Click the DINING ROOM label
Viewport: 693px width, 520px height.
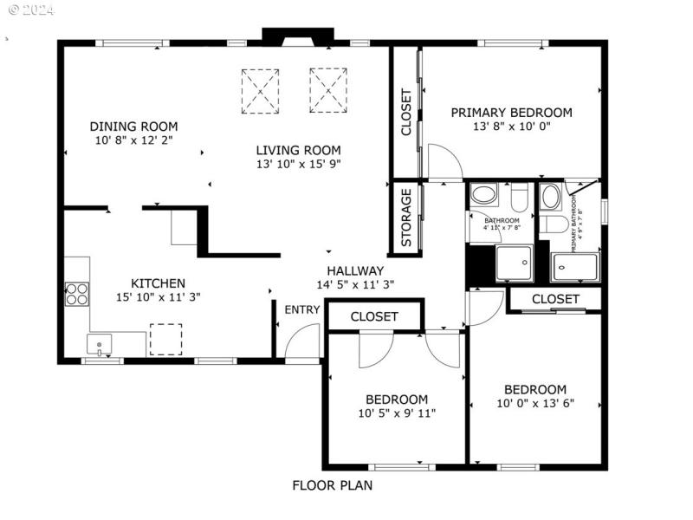coord(133,126)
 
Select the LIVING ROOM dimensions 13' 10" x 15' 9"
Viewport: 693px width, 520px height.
coord(298,163)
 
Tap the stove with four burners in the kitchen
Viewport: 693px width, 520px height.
coord(76,294)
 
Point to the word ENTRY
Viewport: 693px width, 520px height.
coord(301,310)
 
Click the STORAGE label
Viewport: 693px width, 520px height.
coord(405,219)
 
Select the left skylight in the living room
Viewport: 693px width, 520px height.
coord(260,90)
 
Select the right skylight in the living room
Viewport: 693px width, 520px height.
coord(328,90)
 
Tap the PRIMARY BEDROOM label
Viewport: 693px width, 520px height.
coord(511,112)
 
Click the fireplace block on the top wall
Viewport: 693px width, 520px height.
coord(297,36)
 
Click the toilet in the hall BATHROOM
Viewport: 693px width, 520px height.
coord(519,199)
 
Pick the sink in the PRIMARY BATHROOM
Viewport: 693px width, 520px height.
coord(550,197)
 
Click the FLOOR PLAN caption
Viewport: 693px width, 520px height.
coord(332,485)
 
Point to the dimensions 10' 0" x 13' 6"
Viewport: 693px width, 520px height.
coord(535,403)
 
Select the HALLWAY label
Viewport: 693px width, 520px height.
coord(355,270)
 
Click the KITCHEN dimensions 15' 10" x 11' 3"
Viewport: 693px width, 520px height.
coord(158,296)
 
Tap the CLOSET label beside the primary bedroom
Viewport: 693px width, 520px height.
coord(405,113)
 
